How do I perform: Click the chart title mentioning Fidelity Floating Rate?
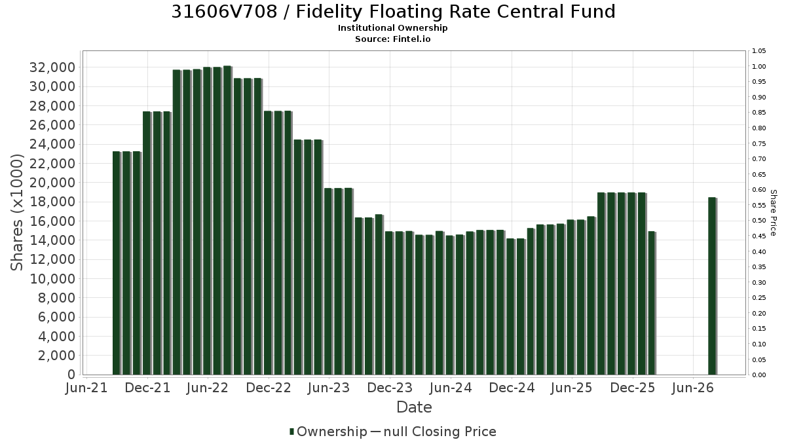click(393, 12)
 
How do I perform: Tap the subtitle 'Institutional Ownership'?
click(392, 28)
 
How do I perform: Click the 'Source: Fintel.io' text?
click(392, 39)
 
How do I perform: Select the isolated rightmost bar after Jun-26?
click(713, 286)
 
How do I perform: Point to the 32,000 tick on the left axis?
click(52, 67)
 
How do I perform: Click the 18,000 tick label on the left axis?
click(52, 202)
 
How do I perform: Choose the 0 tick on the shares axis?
click(71, 375)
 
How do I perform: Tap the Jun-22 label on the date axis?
click(208, 388)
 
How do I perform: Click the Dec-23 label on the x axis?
click(390, 388)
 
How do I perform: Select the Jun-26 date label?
click(693, 388)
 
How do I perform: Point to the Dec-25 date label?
click(633, 388)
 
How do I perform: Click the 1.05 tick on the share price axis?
click(759, 51)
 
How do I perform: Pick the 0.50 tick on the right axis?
click(759, 221)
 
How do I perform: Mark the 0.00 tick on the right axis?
click(759, 375)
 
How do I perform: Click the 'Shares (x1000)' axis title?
click(16, 212)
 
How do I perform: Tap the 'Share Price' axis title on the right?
click(774, 213)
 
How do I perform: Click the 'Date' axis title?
click(414, 407)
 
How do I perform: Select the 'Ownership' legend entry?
click(328, 432)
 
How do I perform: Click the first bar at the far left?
click(117, 263)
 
